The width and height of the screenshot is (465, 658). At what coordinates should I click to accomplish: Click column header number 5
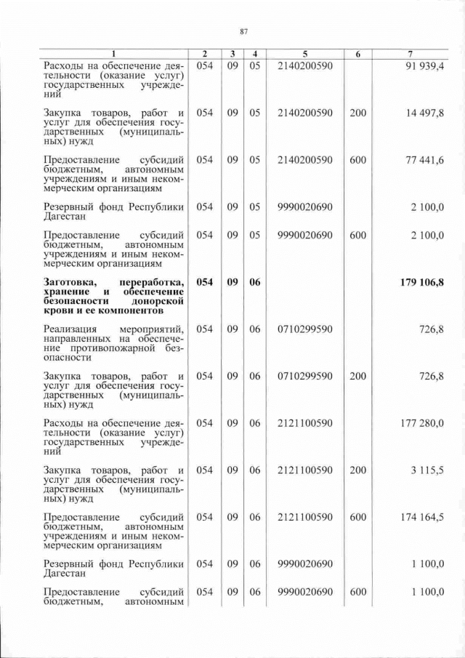pyautogui.click(x=305, y=54)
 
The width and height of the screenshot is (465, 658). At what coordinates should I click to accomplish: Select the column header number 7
pyautogui.click(x=411, y=54)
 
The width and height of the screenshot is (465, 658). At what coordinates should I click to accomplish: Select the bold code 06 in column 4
pyautogui.click(x=254, y=282)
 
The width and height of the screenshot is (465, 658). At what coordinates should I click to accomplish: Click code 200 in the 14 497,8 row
pyautogui.click(x=357, y=113)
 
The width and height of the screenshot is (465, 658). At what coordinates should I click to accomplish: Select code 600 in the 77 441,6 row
pyautogui.click(x=357, y=160)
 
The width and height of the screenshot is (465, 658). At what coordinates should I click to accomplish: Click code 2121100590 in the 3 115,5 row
pyautogui.click(x=305, y=470)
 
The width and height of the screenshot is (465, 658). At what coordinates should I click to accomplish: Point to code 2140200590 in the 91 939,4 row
pyautogui.click(x=305, y=67)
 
